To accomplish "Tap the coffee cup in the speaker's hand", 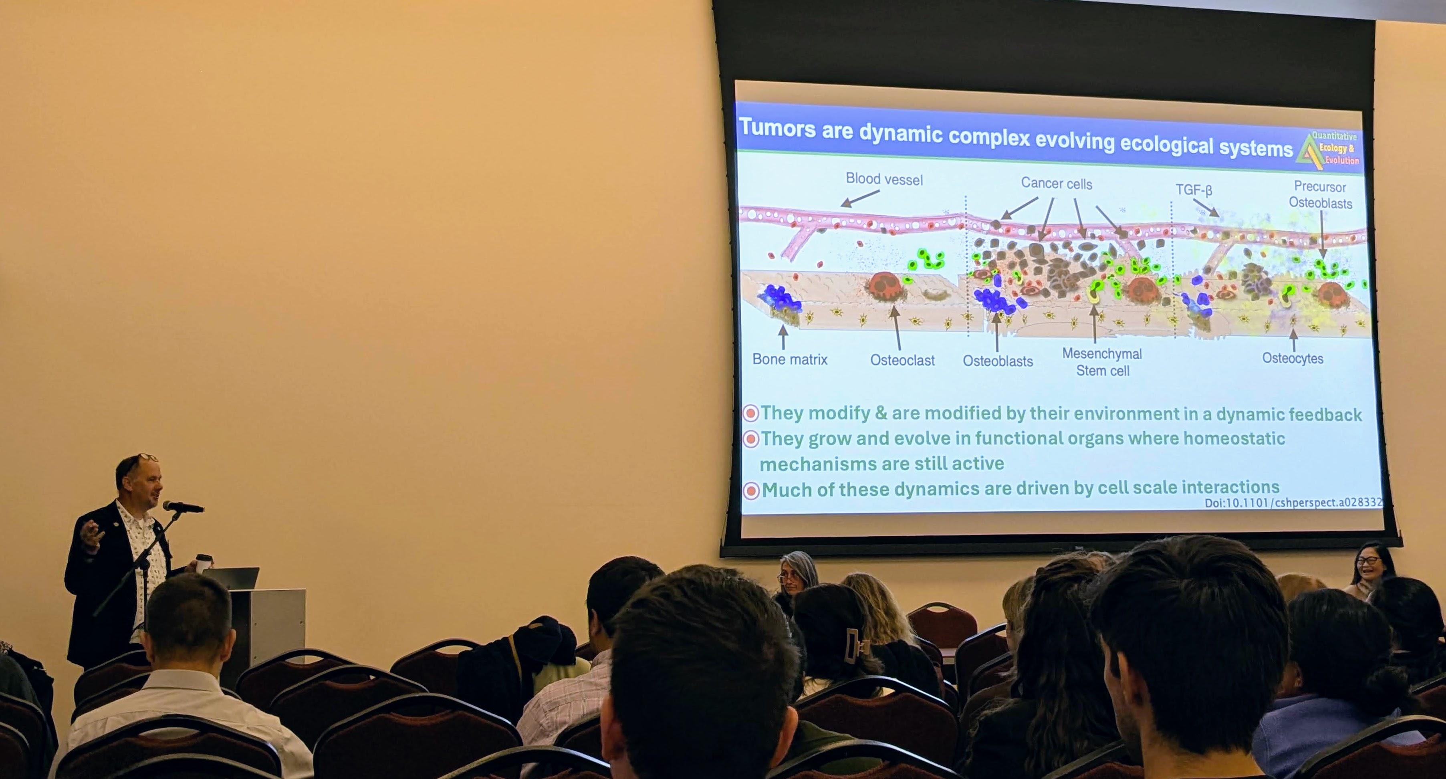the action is (x=204, y=563).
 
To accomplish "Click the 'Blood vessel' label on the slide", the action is (x=884, y=180).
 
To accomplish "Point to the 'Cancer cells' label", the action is (x=1057, y=184).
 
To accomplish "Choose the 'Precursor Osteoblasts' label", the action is (x=1320, y=195).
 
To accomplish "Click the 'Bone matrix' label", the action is (x=790, y=359).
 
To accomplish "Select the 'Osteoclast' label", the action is (x=902, y=360).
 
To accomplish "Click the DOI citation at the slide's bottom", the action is (x=1293, y=503).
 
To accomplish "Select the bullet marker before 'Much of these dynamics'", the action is (x=751, y=490).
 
